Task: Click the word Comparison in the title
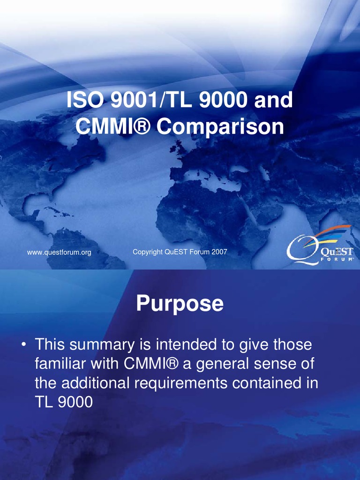[220, 127]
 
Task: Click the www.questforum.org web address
[59, 253]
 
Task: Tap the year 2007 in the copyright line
[219, 252]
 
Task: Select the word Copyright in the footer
[148, 252]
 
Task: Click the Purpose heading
[180, 304]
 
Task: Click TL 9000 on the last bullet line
[64, 402]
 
